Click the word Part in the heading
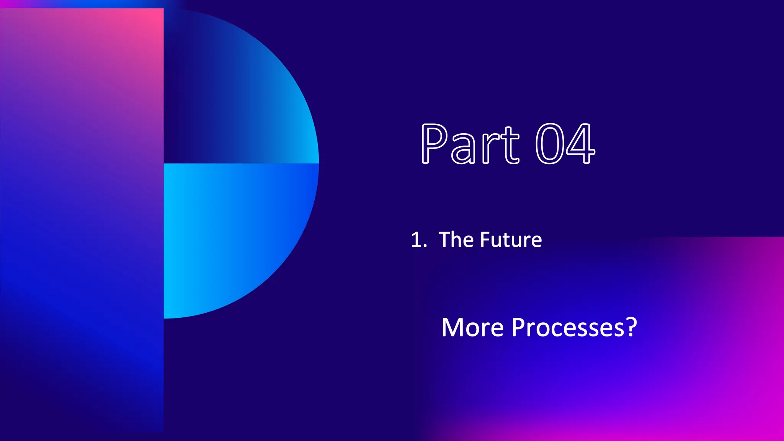[x=470, y=144]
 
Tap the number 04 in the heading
[x=565, y=144]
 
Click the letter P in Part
[x=434, y=144]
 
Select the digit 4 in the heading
[x=580, y=144]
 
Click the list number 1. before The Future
[x=418, y=240]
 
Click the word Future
[x=511, y=240]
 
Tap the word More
[x=472, y=328]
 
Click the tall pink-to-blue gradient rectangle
[x=82, y=230]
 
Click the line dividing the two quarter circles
[x=241, y=163]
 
